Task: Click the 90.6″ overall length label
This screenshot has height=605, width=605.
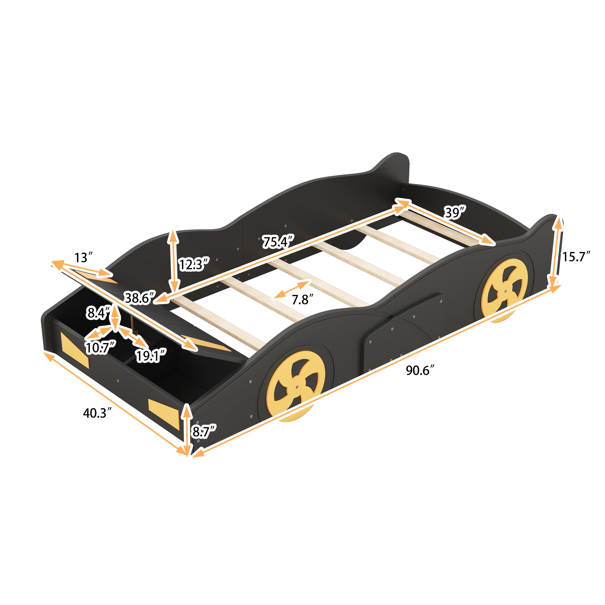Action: click(420, 371)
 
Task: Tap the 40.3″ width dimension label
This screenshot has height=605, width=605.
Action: click(97, 413)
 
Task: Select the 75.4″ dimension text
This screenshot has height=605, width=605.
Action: click(278, 242)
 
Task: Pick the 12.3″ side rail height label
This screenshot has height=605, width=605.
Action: click(193, 265)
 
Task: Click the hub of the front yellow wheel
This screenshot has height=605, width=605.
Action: click(296, 388)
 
